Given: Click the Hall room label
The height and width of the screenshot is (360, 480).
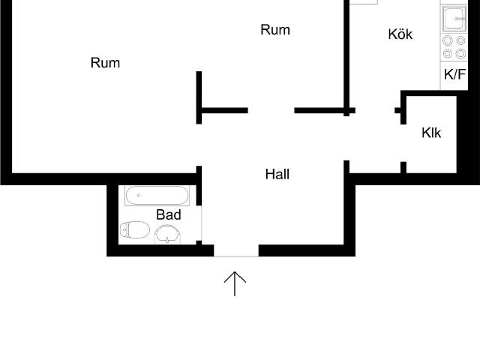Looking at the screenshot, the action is tap(277, 174).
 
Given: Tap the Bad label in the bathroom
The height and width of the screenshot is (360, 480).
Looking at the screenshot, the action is tap(169, 214).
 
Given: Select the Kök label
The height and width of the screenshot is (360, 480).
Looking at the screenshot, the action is tap(400, 34).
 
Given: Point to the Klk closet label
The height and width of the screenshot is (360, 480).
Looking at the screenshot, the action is tap(431, 133).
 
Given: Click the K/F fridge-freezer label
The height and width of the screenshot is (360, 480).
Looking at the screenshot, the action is tap(454, 74).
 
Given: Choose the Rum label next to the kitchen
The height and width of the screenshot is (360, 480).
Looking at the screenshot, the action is tap(275, 30).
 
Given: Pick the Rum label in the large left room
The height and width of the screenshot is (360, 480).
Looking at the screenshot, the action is tap(105, 63).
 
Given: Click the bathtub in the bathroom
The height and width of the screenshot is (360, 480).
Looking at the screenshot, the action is tap(157, 196).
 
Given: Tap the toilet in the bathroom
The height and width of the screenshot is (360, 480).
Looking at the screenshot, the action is tap(135, 229).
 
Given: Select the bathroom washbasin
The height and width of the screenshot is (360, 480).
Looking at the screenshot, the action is tap(167, 235).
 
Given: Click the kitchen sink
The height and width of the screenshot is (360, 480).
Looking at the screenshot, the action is tap(454, 19).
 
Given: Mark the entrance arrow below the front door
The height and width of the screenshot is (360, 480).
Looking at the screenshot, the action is tap(235, 283).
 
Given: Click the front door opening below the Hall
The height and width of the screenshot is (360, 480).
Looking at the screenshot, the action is tap(236, 250).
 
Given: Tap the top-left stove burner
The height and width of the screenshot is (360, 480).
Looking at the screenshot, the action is tap(448, 40).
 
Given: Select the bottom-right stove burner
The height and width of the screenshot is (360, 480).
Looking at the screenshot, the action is tap(460, 53).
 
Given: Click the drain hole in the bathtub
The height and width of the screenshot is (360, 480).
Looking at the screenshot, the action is tap(139, 195).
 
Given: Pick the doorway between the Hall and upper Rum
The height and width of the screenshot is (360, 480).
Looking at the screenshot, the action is tap(271, 110).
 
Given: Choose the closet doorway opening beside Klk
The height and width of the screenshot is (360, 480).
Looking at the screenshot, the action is tap(403, 143).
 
